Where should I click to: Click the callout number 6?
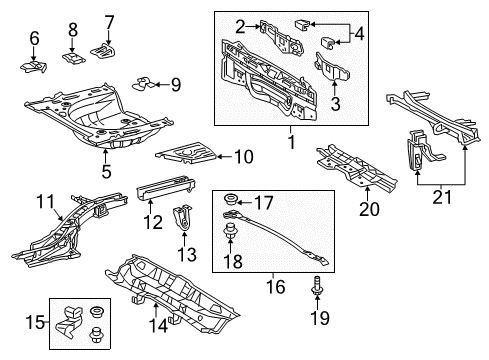[x=34, y=38]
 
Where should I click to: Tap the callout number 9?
[x=176, y=85]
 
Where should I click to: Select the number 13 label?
[x=187, y=254]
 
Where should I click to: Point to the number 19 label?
[x=320, y=318]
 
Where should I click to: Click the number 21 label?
[x=442, y=197]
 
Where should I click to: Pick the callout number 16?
[x=276, y=287]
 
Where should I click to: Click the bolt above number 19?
[x=317, y=285]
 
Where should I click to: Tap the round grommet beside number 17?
[x=230, y=200]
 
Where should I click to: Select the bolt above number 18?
[x=230, y=231]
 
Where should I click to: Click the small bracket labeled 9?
[x=142, y=84]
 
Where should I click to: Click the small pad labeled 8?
[x=74, y=57]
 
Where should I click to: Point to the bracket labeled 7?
[x=103, y=51]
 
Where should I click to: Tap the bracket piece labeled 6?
[x=33, y=67]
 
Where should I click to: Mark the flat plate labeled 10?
[x=187, y=153]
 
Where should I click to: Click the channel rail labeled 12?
[x=166, y=188]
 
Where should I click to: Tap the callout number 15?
[x=35, y=322]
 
